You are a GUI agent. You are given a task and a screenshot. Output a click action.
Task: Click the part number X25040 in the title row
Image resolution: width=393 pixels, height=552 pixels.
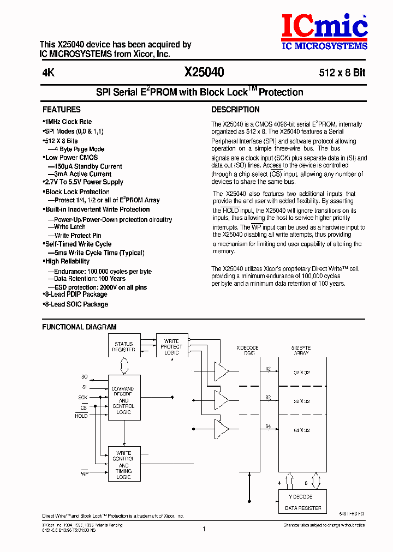coord(204,73)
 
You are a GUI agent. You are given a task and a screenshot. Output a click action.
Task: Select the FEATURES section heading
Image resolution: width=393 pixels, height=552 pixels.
coord(62,110)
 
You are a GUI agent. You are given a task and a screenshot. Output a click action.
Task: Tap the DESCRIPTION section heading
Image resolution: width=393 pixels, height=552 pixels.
coord(235,110)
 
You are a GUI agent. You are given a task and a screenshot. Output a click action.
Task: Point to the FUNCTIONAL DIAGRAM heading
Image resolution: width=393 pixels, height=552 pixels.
coord(79,327)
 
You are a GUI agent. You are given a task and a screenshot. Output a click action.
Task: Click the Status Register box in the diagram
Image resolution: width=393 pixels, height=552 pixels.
coord(124,347)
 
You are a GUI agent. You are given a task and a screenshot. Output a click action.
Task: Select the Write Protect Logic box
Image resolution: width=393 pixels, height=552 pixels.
coord(171,347)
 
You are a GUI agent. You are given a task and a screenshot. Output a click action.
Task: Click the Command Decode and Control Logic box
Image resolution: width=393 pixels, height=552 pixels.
coord(124,401)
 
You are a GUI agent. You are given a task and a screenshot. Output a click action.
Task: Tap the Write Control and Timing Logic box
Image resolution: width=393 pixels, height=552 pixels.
coord(124,465)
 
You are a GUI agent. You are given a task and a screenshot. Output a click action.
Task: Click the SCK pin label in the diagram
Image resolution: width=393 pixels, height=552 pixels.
coord(82,398)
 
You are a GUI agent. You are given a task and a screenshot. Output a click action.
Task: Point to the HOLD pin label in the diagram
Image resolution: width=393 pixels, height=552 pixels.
coord(81,416)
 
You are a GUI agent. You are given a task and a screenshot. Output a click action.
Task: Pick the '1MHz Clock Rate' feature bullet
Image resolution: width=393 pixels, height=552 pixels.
coord(68,122)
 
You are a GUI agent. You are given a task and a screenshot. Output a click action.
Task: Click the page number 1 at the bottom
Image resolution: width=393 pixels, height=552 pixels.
coord(204,529)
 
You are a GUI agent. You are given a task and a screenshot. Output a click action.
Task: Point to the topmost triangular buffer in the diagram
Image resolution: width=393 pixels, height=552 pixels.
coord(222,371)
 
